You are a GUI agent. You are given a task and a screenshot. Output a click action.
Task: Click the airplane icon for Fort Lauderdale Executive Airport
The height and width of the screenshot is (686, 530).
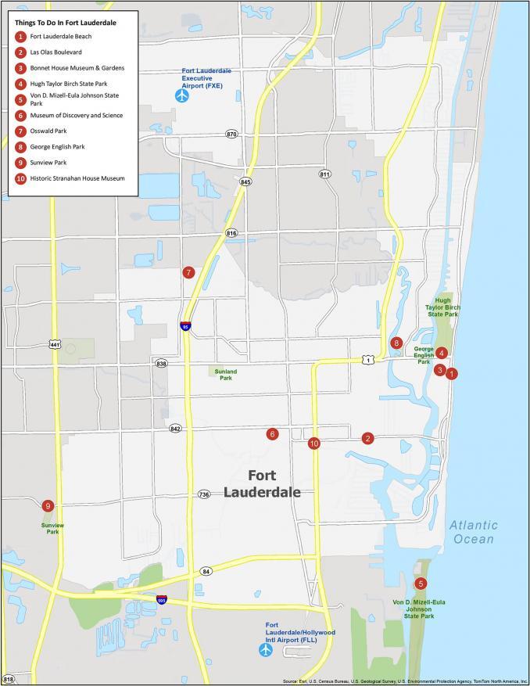point(182,95)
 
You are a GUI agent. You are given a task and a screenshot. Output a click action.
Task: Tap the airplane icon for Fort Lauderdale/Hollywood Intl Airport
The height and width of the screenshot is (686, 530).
point(265,650)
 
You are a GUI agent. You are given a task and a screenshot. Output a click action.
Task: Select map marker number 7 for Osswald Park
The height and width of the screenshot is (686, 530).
point(188,273)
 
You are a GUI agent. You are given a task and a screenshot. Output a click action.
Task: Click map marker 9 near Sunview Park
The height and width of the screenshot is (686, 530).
point(48,505)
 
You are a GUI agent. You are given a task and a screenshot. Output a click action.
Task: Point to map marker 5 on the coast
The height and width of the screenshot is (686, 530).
point(421,584)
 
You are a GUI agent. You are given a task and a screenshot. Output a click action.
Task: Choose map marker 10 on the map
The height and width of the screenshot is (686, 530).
point(313,444)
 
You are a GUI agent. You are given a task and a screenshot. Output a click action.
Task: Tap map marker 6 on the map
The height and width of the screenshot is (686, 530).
point(272,434)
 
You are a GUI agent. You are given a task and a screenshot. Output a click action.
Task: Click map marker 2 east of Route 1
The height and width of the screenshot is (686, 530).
point(367,438)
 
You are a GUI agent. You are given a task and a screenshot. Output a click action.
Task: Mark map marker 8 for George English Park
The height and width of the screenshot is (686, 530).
point(397,343)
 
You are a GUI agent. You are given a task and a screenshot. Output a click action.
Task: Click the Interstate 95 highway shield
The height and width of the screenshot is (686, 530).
point(185,326)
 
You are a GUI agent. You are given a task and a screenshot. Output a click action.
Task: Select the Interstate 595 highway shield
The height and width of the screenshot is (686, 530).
point(161,601)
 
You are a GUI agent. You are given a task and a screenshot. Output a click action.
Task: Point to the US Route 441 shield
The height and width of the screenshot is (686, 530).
point(54,344)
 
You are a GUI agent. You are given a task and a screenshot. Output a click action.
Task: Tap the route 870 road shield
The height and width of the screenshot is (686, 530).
point(231,135)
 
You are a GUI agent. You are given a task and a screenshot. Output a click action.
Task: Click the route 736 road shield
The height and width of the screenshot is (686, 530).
point(204,494)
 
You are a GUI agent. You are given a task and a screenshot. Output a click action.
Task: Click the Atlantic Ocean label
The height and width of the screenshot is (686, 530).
point(472,532)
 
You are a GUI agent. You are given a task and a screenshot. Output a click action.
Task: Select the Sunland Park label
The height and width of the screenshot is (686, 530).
point(226,375)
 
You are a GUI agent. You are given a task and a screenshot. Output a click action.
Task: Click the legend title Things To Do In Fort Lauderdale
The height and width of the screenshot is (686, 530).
point(65,23)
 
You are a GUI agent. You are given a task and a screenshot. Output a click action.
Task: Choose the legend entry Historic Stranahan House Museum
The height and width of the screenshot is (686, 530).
point(77,178)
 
